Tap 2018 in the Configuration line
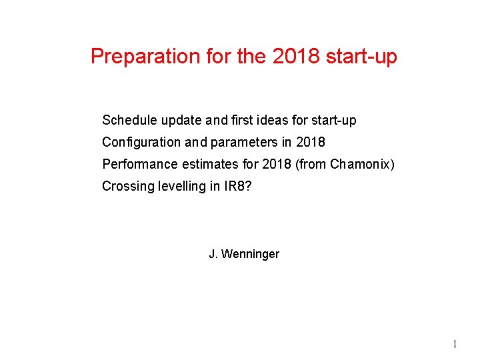(311, 143)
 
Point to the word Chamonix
(361, 165)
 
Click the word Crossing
(126, 187)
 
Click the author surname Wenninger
(251, 254)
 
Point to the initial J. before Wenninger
(213, 254)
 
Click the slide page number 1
(455, 345)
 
